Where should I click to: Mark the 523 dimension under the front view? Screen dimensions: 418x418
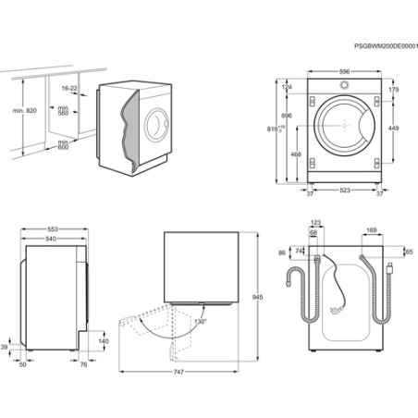click(343, 192)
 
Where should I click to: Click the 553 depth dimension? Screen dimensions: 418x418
click(54, 228)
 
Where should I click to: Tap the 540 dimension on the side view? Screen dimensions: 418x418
click(52, 239)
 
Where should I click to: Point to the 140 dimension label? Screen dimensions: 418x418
click(104, 341)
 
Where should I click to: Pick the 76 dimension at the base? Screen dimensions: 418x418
click(83, 364)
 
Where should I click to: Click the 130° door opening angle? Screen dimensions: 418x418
click(200, 321)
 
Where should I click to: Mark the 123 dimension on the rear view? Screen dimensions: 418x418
click(316, 223)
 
